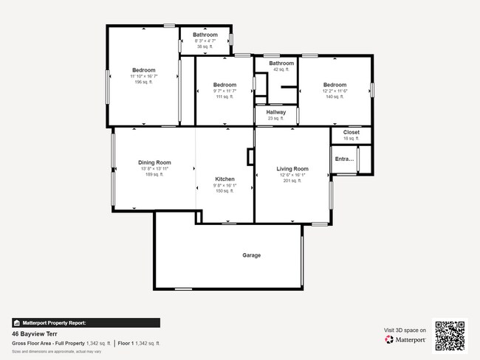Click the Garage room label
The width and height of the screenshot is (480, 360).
click(x=251, y=255)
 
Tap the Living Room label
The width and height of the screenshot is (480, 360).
click(x=292, y=169)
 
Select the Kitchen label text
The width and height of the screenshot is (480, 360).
click(x=224, y=179)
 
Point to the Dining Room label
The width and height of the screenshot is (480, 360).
click(x=154, y=162)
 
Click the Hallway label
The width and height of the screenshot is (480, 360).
click(x=275, y=112)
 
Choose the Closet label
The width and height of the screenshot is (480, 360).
click(x=351, y=132)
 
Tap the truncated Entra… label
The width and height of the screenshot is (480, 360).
click(x=344, y=159)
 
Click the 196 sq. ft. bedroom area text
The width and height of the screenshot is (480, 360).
click(x=143, y=82)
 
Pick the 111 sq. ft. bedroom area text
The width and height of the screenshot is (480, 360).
click(x=224, y=97)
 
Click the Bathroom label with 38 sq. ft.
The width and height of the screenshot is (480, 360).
click(x=205, y=35)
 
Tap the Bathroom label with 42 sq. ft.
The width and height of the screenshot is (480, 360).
click(x=281, y=63)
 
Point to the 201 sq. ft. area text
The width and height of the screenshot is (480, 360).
click(x=292, y=181)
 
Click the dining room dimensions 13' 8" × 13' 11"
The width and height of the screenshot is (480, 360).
click(x=154, y=169)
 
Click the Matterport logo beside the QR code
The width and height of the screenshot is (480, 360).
click(x=405, y=339)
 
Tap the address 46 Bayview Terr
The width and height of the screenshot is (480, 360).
click(x=36, y=333)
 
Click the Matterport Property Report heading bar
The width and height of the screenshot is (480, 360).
click(x=86, y=322)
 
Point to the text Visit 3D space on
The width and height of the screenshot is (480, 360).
click(x=405, y=330)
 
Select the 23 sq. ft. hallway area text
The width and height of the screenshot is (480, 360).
click(x=275, y=118)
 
